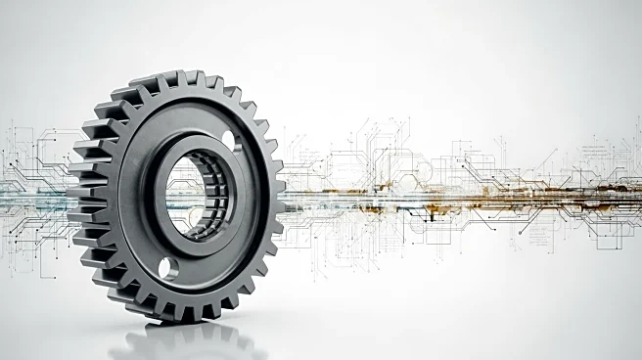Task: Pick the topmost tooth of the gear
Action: click(x=177, y=77)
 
